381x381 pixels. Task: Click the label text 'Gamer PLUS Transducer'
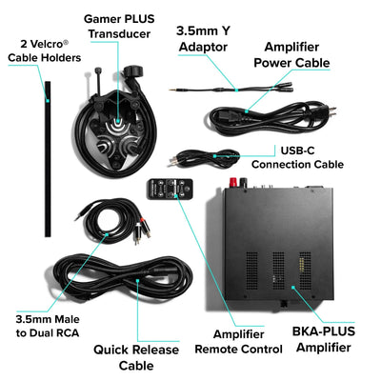click(x=120, y=26)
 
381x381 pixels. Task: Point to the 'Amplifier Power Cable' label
click(x=299, y=54)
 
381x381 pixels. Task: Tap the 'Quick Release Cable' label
click(x=137, y=357)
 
